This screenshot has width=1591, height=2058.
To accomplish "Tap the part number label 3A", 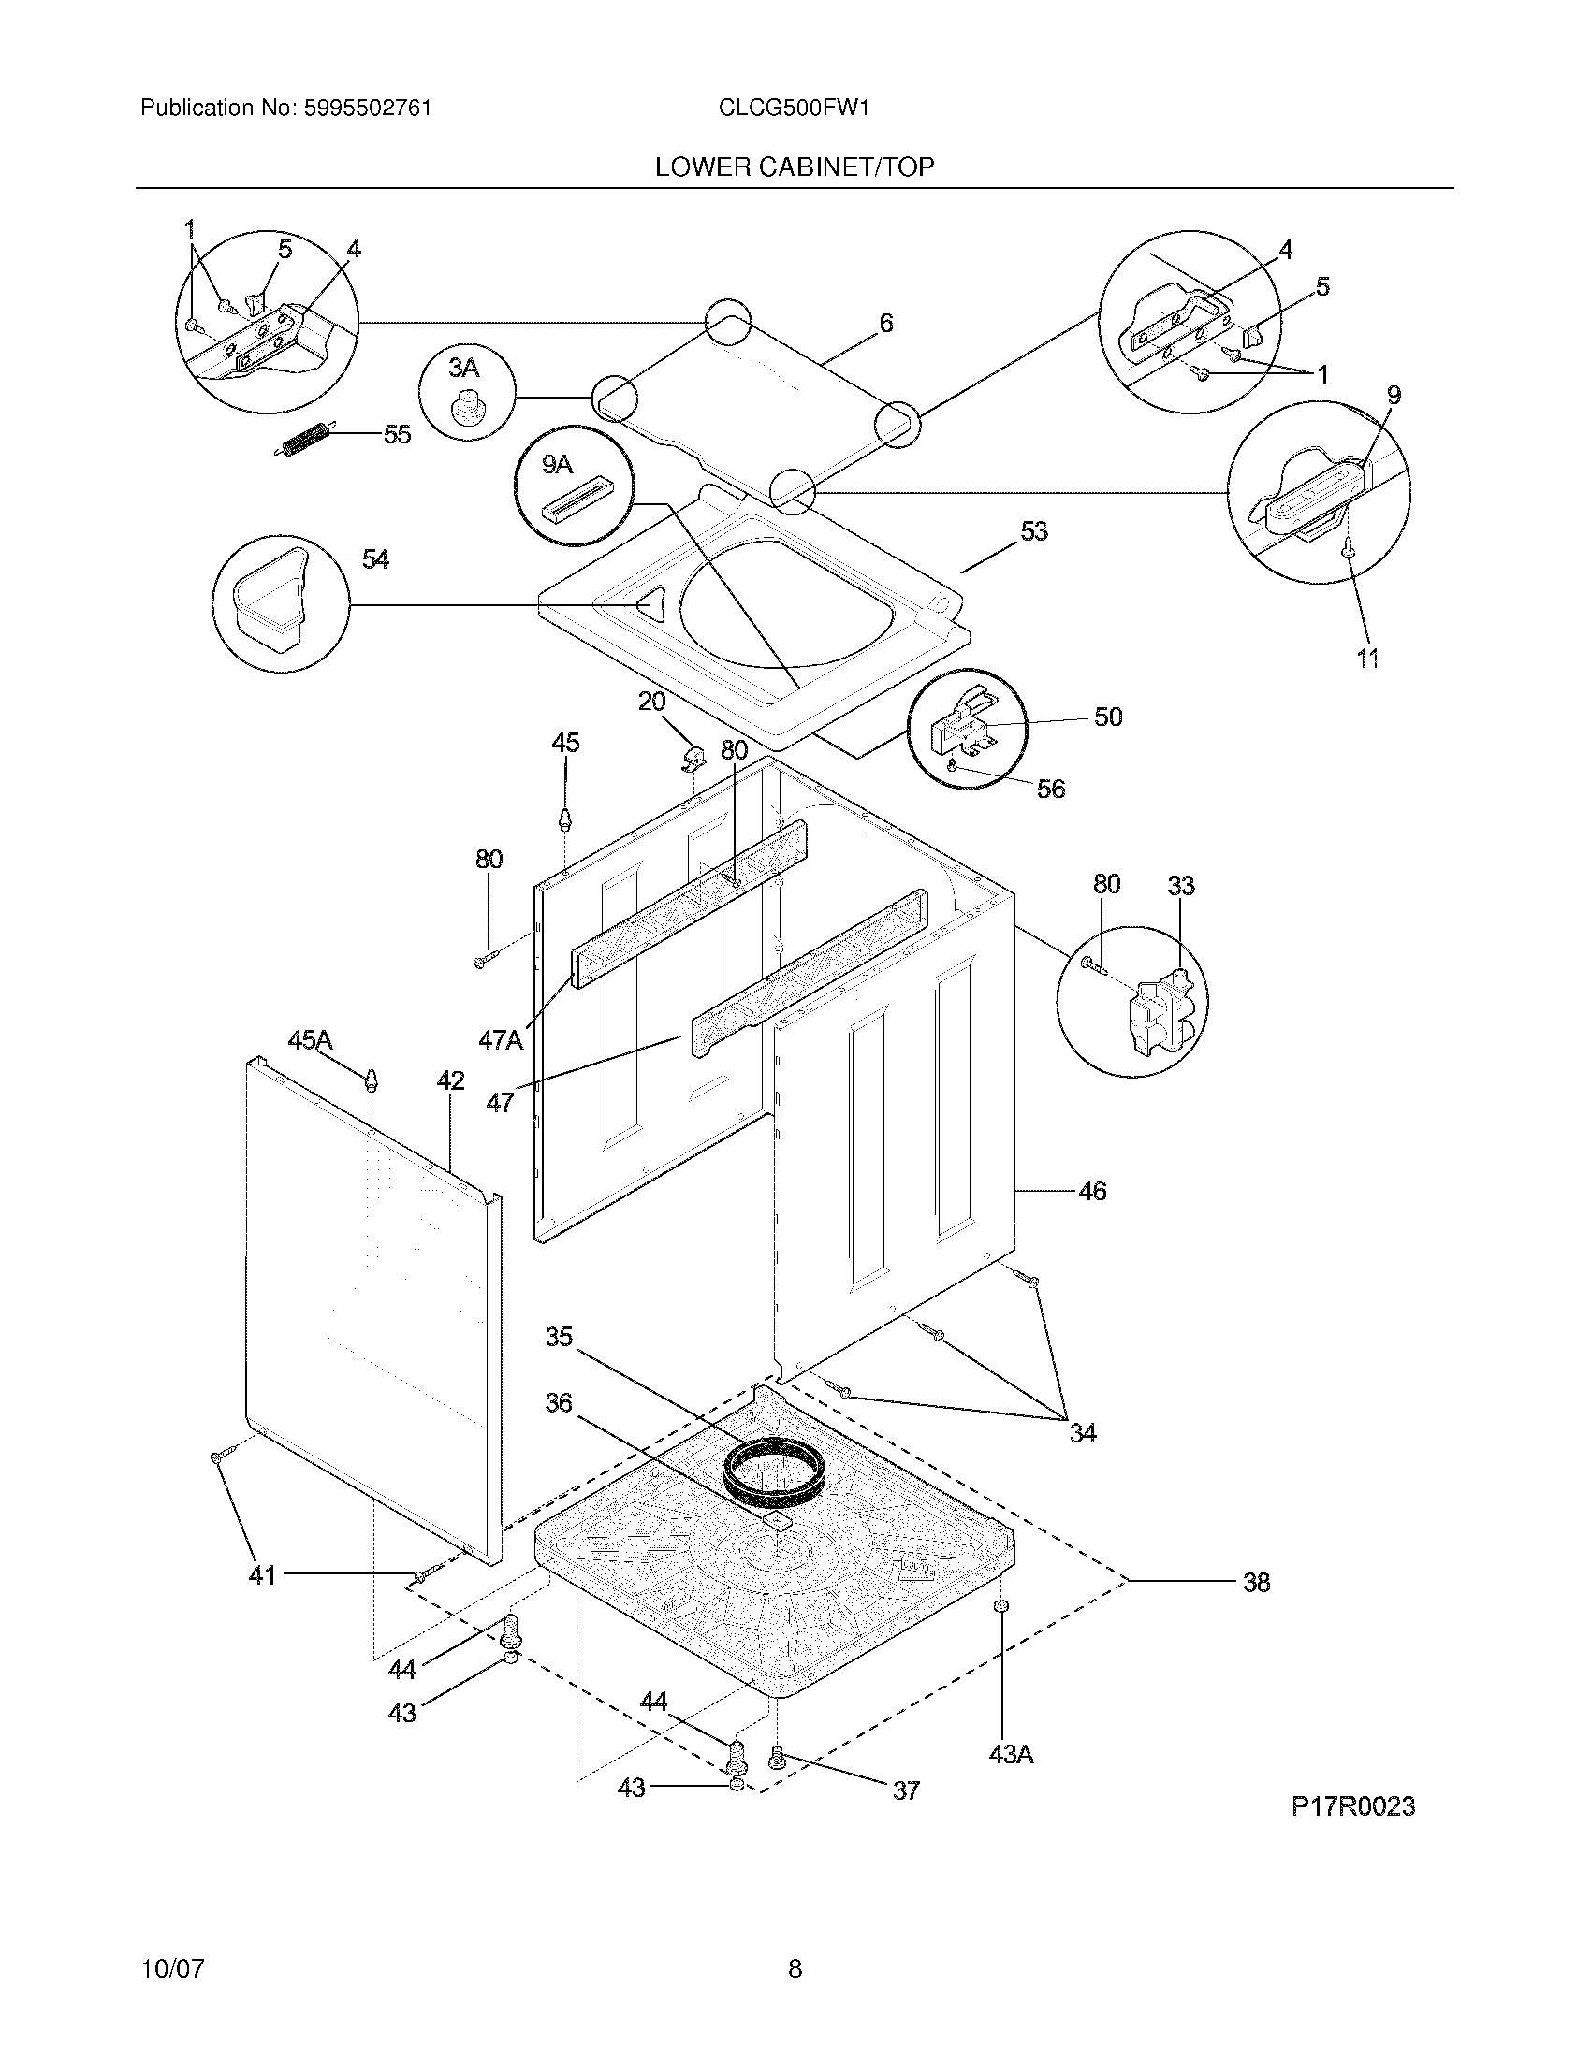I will pos(462,367).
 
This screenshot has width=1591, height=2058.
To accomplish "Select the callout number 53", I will pos(1033,531).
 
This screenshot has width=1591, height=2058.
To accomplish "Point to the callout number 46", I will pos(1091,1191).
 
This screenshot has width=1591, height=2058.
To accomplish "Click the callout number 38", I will pos(1255,1582).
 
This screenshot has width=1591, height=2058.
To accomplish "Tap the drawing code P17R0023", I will pos(1352,1806).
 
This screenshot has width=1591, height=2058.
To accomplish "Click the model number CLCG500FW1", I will pos(793,109).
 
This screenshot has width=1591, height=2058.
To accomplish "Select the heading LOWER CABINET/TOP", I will pos(795,167).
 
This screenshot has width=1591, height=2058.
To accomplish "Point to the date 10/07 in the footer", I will pos(172,1943).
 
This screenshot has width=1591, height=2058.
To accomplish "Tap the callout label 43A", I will pos(1011,1755).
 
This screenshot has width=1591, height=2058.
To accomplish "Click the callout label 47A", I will pos(500,1039).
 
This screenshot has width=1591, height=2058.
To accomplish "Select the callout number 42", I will pos(449,1080).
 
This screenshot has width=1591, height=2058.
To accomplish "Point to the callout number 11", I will pos(1367,659).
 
